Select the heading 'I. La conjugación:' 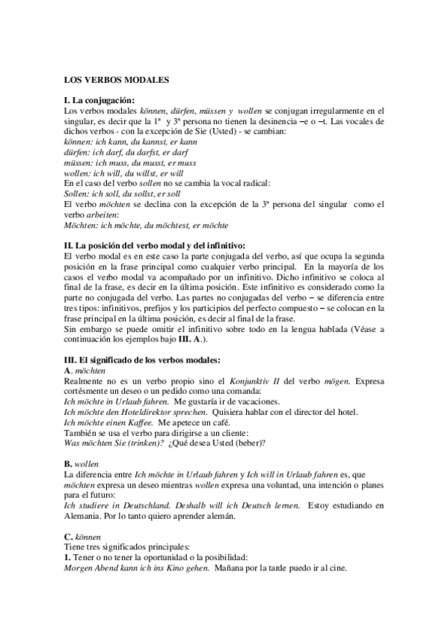[x=99, y=100]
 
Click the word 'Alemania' [x=83, y=517]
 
